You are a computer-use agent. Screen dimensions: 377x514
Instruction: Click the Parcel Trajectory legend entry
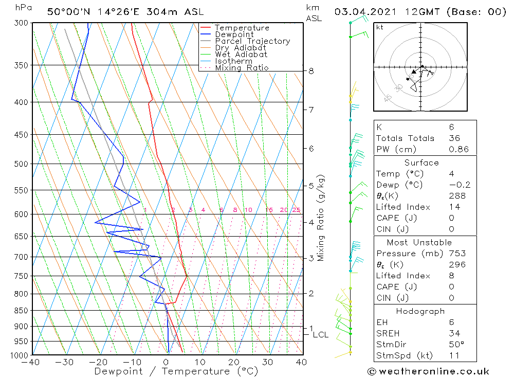pyautogui.click(x=252, y=41)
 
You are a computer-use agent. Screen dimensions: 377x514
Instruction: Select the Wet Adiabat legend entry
pyautogui.click(x=241, y=55)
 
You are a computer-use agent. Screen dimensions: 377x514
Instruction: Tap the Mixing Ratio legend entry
pyautogui.click(x=242, y=68)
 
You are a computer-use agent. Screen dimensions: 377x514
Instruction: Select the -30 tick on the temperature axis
pyautogui.click(x=65, y=363)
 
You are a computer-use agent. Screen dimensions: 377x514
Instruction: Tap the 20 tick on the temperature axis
pyautogui.click(x=234, y=363)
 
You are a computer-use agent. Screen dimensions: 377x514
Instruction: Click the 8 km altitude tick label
pyautogui.click(x=311, y=71)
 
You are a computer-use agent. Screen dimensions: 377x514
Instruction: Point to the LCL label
pyautogui.click(x=320, y=335)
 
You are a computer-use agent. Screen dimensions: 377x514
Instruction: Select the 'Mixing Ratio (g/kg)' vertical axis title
pyautogui.click(x=321, y=218)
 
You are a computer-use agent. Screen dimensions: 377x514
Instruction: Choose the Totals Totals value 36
pyautogui.click(x=454, y=138)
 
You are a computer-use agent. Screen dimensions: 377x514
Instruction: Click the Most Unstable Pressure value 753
pyautogui.click(x=456, y=254)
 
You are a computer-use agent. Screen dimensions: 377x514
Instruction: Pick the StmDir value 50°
pyautogui.click(x=455, y=345)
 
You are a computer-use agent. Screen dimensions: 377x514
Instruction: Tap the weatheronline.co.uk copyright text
pyautogui.click(x=428, y=371)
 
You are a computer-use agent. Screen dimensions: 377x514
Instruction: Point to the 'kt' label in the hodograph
pyautogui.click(x=380, y=27)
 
